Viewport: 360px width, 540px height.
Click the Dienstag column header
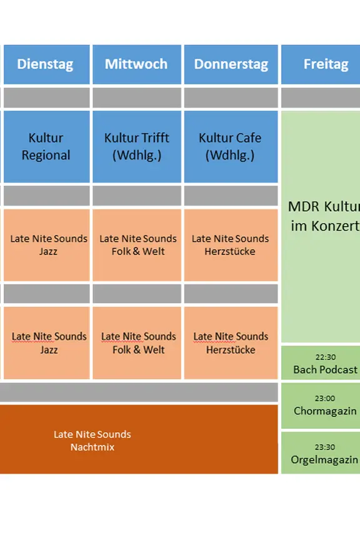[x=46, y=64]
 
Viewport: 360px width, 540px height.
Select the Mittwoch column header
[x=137, y=64]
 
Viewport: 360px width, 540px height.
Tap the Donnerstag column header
[x=231, y=64]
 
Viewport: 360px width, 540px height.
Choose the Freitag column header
[x=321, y=64]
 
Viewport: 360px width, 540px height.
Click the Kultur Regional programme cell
[x=46, y=146]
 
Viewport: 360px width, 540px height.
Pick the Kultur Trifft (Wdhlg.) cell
[x=137, y=146]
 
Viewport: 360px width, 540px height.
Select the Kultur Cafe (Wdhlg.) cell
[x=231, y=146]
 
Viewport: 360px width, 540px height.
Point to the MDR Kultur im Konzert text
[x=324, y=216]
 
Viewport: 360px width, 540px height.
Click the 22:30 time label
[x=326, y=357]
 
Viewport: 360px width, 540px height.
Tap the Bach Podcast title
[x=326, y=369]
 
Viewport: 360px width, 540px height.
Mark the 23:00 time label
[x=325, y=399]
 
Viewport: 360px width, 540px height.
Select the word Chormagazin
[x=325, y=411]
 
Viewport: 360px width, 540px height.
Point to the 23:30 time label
[x=325, y=447]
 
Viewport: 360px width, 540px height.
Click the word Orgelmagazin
[x=324, y=460]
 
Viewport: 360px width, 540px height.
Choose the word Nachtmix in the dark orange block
[x=92, y=447]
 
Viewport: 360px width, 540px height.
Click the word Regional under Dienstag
[x=46, y=156]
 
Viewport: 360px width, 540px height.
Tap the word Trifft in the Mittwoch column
[x=153, y=137]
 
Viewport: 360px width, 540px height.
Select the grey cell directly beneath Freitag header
[x=321, y=97]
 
